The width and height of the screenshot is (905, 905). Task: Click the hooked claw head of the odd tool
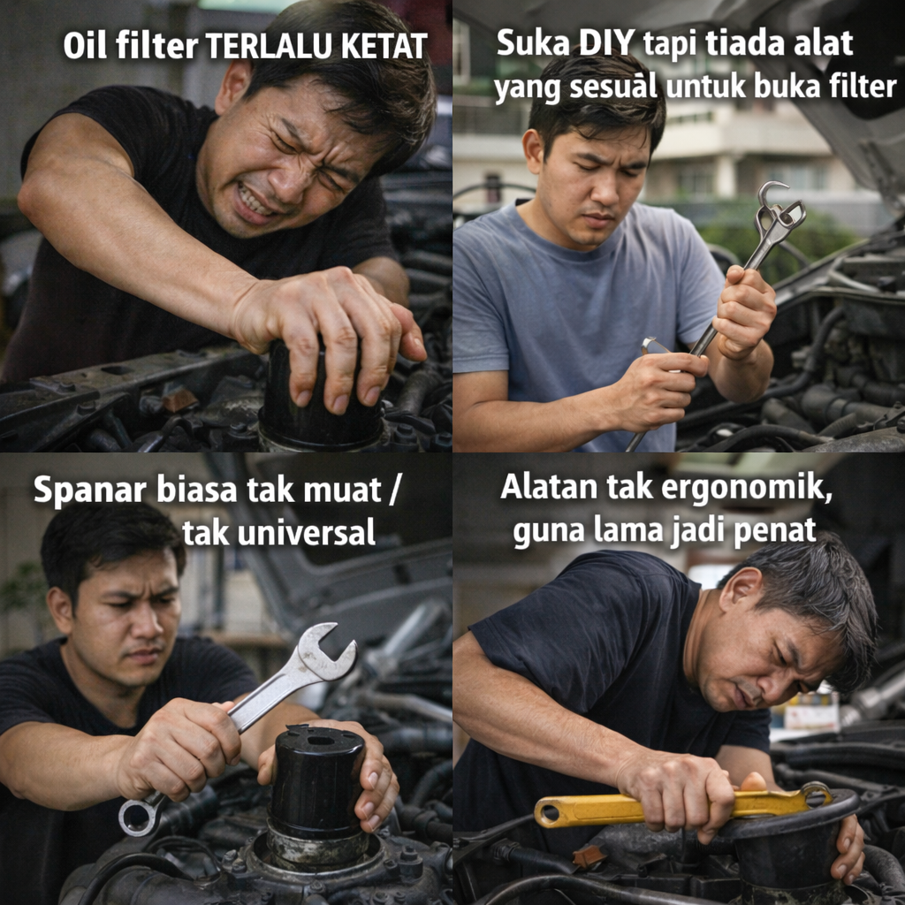[780, 208]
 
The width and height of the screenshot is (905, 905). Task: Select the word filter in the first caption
[156, 45]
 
